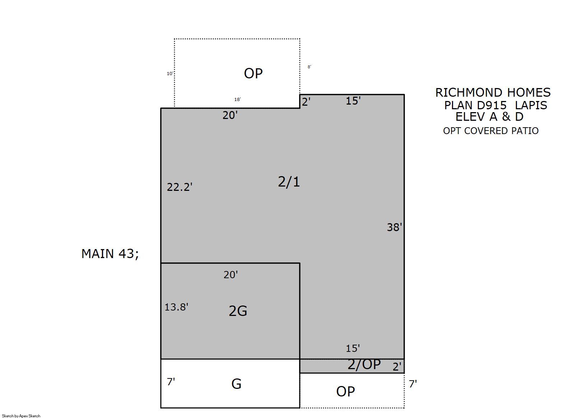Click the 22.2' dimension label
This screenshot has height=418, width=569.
point(179,187)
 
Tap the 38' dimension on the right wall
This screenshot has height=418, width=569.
point(394,227)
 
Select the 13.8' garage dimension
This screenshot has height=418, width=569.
point(176,307)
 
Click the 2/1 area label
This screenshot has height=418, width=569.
point(289,182)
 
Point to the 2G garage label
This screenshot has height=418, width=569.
point(238,311)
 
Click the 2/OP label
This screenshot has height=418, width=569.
point(364,364)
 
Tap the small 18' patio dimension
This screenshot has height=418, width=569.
point(238,100)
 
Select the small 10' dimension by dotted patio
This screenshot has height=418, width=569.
point(170,73)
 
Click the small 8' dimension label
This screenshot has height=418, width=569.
point(309,67)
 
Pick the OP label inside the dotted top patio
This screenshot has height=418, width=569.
point(253,73)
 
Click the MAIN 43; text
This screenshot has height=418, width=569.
point(110,254)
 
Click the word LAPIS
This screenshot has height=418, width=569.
point(531,105)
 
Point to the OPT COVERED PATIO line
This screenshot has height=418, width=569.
point(491,131)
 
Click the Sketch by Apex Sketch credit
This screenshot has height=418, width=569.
point(21,416)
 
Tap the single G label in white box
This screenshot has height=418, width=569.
point(236,384)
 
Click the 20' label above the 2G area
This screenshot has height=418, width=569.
point(230,275)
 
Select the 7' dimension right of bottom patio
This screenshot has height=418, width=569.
point(413,383)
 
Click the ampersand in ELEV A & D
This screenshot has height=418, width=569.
point(506,117)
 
